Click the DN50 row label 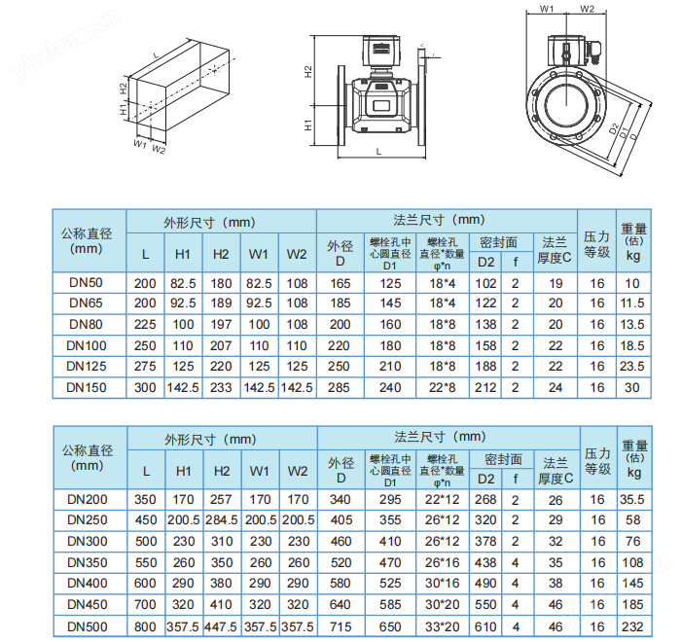[86, 283]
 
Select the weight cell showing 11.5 [632, 303]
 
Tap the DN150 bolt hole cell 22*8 [442, 387]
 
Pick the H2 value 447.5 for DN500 [222, 626]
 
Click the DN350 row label [88, 562]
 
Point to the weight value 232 [632, 626]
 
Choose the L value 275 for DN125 [145, 366]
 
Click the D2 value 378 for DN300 [485, 541]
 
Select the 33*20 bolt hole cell [442, 626]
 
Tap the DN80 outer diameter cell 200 [340, 325]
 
